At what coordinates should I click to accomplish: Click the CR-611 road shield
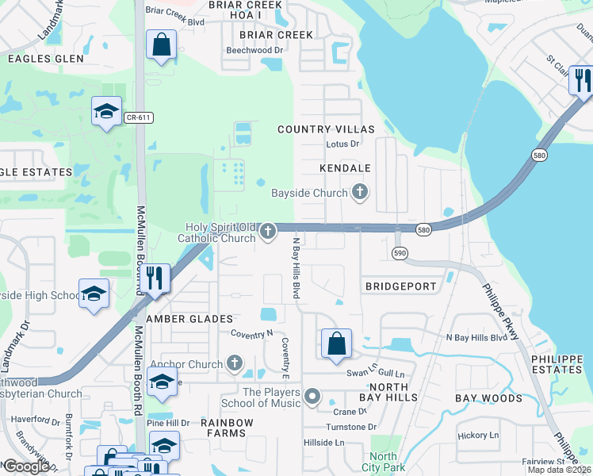[138, 117]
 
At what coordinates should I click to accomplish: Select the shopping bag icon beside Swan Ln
[336, 344]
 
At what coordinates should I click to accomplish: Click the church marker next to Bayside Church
[360, 192]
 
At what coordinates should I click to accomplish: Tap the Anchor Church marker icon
[233, 364]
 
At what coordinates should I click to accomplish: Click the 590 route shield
[400, 252]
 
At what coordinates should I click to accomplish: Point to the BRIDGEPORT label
[400, 286]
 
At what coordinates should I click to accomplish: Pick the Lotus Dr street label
[342, 144]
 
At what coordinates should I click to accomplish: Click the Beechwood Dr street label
[254, 50]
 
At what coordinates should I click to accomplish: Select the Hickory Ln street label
[478, 435]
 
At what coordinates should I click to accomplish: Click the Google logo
[26, 466]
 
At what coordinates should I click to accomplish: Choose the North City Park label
[384, 462]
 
